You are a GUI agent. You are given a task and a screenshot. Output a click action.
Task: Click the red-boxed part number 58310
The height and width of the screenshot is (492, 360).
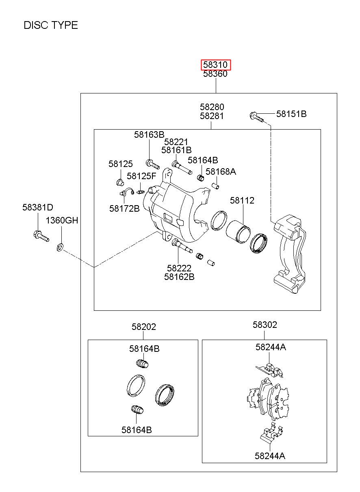point(215,65)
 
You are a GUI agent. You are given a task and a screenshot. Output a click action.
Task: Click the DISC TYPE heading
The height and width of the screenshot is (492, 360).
point(51,25)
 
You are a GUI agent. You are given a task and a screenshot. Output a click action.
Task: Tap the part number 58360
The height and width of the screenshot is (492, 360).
point(215,74)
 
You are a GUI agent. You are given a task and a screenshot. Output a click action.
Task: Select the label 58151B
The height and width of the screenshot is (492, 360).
point(291,114)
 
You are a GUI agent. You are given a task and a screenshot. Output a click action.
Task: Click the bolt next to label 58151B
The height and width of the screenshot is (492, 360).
point(256,117)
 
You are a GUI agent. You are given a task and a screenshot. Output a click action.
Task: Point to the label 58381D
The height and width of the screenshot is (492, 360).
point(38,207)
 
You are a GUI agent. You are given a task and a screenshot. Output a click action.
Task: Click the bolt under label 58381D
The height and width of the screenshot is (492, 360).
point(41,236)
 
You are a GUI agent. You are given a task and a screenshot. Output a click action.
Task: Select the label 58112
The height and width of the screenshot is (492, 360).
point(242,201)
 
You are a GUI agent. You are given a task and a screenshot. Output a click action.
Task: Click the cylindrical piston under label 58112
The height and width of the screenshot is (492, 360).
point(238,232)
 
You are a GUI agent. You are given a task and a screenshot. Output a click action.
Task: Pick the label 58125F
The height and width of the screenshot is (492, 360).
point(141,176)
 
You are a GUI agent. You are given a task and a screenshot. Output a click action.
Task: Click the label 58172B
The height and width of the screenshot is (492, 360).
point(124,208)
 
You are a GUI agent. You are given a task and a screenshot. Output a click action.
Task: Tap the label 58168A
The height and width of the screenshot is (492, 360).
point(221,171)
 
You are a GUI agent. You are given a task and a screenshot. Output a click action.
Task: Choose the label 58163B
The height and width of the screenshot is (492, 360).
point(149,134)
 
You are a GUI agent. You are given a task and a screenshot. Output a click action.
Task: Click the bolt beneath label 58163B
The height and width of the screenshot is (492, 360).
point(152,164)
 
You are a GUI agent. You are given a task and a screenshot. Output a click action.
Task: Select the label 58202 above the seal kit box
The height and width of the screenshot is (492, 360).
point(144,327)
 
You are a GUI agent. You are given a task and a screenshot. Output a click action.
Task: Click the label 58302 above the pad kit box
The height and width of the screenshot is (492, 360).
point(265,325)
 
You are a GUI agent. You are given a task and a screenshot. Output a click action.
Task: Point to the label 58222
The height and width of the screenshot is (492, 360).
point(179,268)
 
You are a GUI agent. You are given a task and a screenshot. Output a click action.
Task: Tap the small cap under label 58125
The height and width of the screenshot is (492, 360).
point(120,182)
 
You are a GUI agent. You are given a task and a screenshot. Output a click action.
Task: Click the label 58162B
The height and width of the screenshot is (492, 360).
point(179,277)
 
